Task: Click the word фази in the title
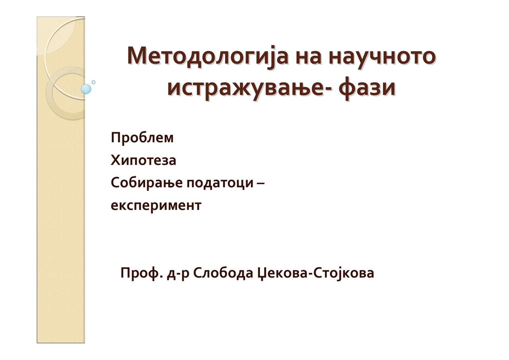tap(367, 88)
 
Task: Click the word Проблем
tap(142, 138)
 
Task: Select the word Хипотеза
tap(143, 160)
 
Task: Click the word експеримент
tap(156, 206)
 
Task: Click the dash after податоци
tap(261, 183)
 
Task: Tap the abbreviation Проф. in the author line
tap(140, 274)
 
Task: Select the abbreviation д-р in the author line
tap(175, 274)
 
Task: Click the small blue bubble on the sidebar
tap(86, 89)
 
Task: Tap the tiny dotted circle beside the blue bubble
tap(94, 82)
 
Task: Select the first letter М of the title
tap(136, 56)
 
